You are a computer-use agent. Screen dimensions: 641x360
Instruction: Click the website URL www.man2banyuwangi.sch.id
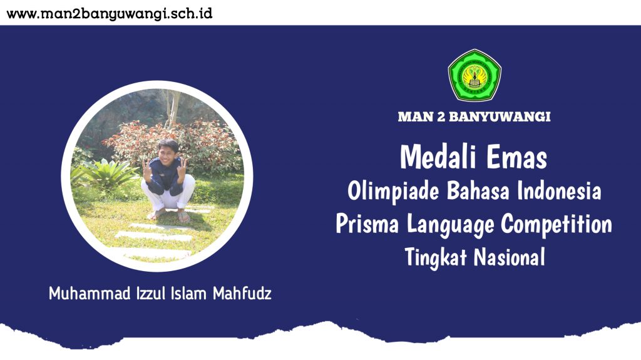point(110,14)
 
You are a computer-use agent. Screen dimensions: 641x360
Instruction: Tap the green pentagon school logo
point(474,75)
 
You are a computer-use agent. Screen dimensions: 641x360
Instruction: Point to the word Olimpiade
point(393,192)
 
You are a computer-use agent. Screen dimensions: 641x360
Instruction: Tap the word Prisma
point(367,224)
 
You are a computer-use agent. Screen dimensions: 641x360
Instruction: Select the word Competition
point(556,225)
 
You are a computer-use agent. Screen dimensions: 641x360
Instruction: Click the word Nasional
point(510,257)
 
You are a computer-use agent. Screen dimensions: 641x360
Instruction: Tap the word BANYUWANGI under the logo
point(500,116)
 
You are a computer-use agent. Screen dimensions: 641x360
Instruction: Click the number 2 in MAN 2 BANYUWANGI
point(441,116)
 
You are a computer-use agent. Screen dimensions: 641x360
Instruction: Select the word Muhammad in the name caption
point(90,293)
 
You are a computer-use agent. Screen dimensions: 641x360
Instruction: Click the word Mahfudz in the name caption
point(242,293)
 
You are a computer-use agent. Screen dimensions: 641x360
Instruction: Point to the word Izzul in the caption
point(151,293)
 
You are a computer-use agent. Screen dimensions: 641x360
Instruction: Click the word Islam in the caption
point(189,293)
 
